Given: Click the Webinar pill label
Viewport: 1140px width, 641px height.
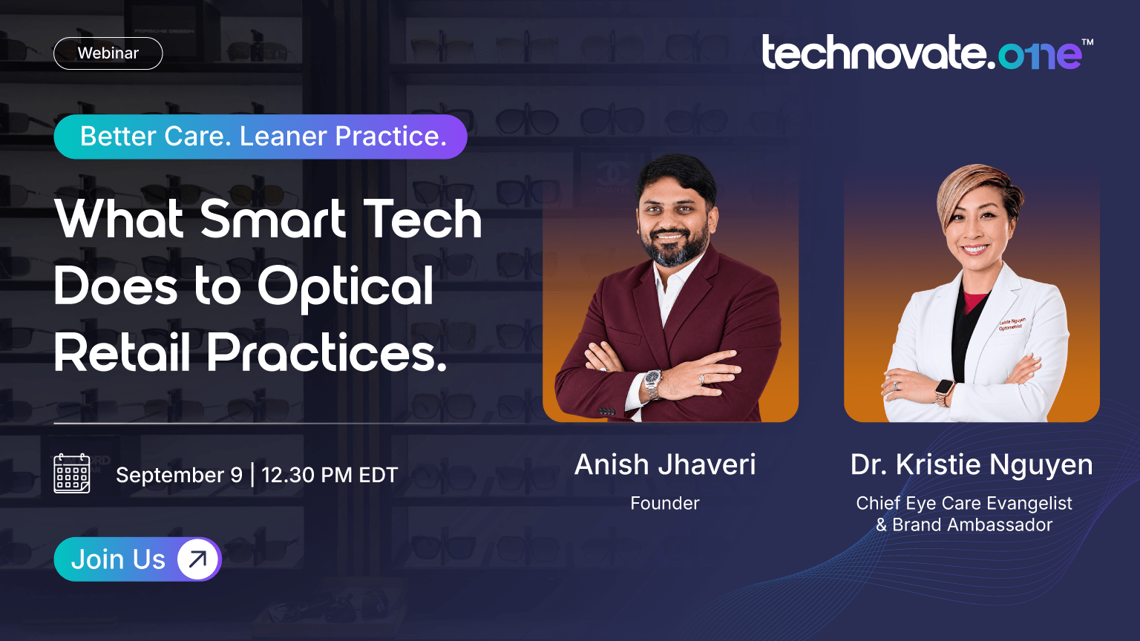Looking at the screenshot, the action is pos(108,53).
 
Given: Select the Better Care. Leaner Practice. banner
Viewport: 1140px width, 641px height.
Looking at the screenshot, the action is pos(261,137).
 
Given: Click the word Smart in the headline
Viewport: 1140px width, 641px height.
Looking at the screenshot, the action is pos(273,219).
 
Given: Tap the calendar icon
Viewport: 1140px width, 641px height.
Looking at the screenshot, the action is pos(72,473).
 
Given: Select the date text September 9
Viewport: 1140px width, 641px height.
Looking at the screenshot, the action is pos(179,475).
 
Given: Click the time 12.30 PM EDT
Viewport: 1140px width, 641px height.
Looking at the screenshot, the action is pos(330,475).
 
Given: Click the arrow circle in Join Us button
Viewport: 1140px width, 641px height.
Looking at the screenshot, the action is pos(197,559).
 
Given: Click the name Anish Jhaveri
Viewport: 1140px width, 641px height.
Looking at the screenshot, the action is pos(665,464).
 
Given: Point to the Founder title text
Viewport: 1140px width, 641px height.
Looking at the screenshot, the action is pos(665,503).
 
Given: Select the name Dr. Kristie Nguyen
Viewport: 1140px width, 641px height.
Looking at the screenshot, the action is pos(972,464).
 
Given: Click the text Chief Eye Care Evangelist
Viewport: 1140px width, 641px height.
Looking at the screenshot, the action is pos(964,503).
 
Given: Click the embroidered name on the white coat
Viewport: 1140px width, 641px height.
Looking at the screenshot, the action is pos(1012,324).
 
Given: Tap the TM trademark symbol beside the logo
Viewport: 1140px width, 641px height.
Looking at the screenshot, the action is pos(1087,42).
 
